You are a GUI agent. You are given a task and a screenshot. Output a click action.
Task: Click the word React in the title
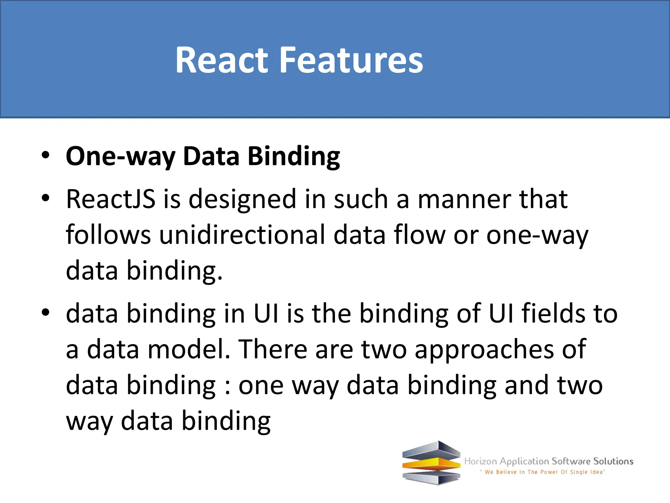click(x=222, y=60)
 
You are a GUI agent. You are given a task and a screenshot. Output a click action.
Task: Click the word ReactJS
click(x=111, y=199)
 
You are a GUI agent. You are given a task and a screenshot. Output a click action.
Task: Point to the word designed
click(x=242, y=199)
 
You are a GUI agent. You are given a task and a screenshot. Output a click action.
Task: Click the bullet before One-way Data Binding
click(x=45, y=155)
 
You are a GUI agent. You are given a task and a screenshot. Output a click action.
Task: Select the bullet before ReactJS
click(x=45, y=198)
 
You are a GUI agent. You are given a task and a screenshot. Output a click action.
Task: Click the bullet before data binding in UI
click(x=45, y=312)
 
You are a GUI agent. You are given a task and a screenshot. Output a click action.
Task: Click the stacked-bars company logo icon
click(x=431, y=463)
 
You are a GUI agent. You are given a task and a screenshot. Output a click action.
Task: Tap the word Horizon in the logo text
click(x=480, y=461)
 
